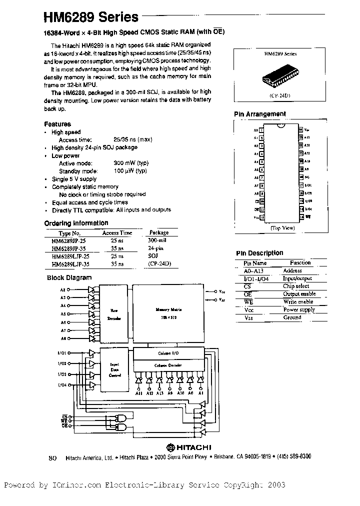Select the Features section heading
pos(57,124)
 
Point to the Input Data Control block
pos(114,370)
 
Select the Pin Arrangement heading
pos(260,114)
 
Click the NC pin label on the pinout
pos(307,177)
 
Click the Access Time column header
pos(117,232)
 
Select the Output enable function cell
pos(299,294)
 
